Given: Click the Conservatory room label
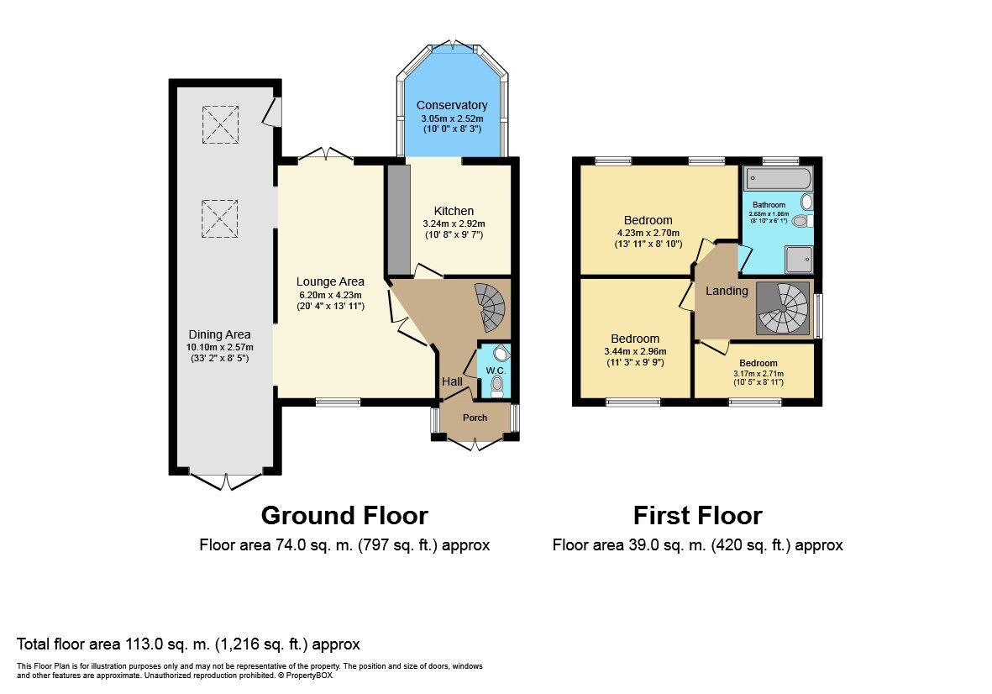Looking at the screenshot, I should tap(452, 105).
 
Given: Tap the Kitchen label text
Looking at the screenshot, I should tap(454, 211).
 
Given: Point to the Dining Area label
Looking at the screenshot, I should tap(219, 334).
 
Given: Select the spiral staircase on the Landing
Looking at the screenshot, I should tap(783, 308).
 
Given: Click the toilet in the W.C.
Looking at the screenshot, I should tap(497, 385).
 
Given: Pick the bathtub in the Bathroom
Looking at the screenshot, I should tap(778, 178).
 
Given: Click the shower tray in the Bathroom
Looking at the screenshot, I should tap(798, 260).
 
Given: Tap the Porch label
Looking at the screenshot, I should tap(475, 418).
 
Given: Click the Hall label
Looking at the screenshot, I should tap(452, 382).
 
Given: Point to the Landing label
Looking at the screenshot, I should tap(727, 291).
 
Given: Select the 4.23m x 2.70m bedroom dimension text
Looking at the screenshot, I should tap(647, 233).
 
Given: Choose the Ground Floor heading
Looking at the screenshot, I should tap(344, 515).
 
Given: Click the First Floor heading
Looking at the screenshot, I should tap(697, 515).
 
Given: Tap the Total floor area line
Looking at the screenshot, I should tap(188, 644).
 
